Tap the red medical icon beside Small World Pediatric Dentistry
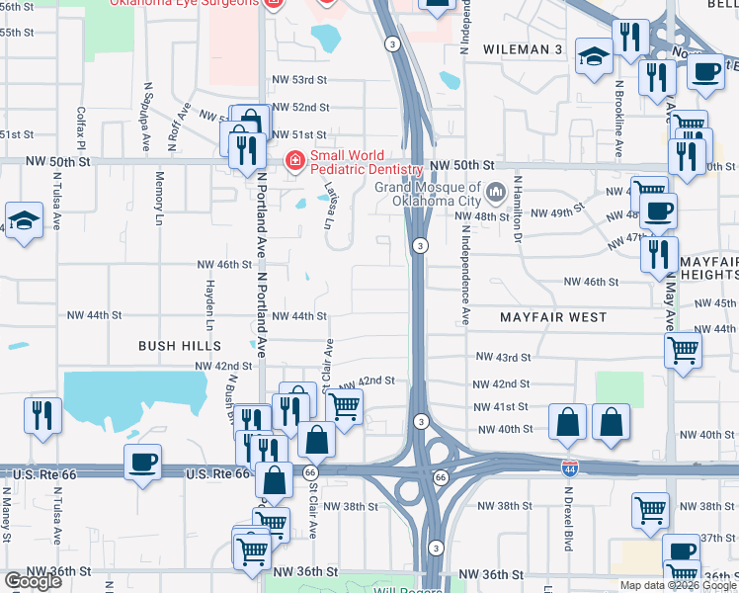294,160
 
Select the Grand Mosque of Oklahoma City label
428,194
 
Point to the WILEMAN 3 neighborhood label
523,48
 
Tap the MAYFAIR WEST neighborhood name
552,317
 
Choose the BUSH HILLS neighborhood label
179,346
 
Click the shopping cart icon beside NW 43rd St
684,350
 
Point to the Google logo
33,581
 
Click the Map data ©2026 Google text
678,585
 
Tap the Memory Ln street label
159,199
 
